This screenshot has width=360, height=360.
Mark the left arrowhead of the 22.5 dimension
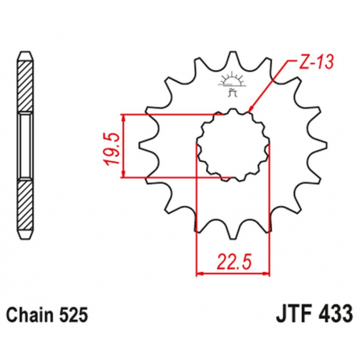pos(199,273)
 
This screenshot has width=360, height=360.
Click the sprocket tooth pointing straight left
pos(145,145)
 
